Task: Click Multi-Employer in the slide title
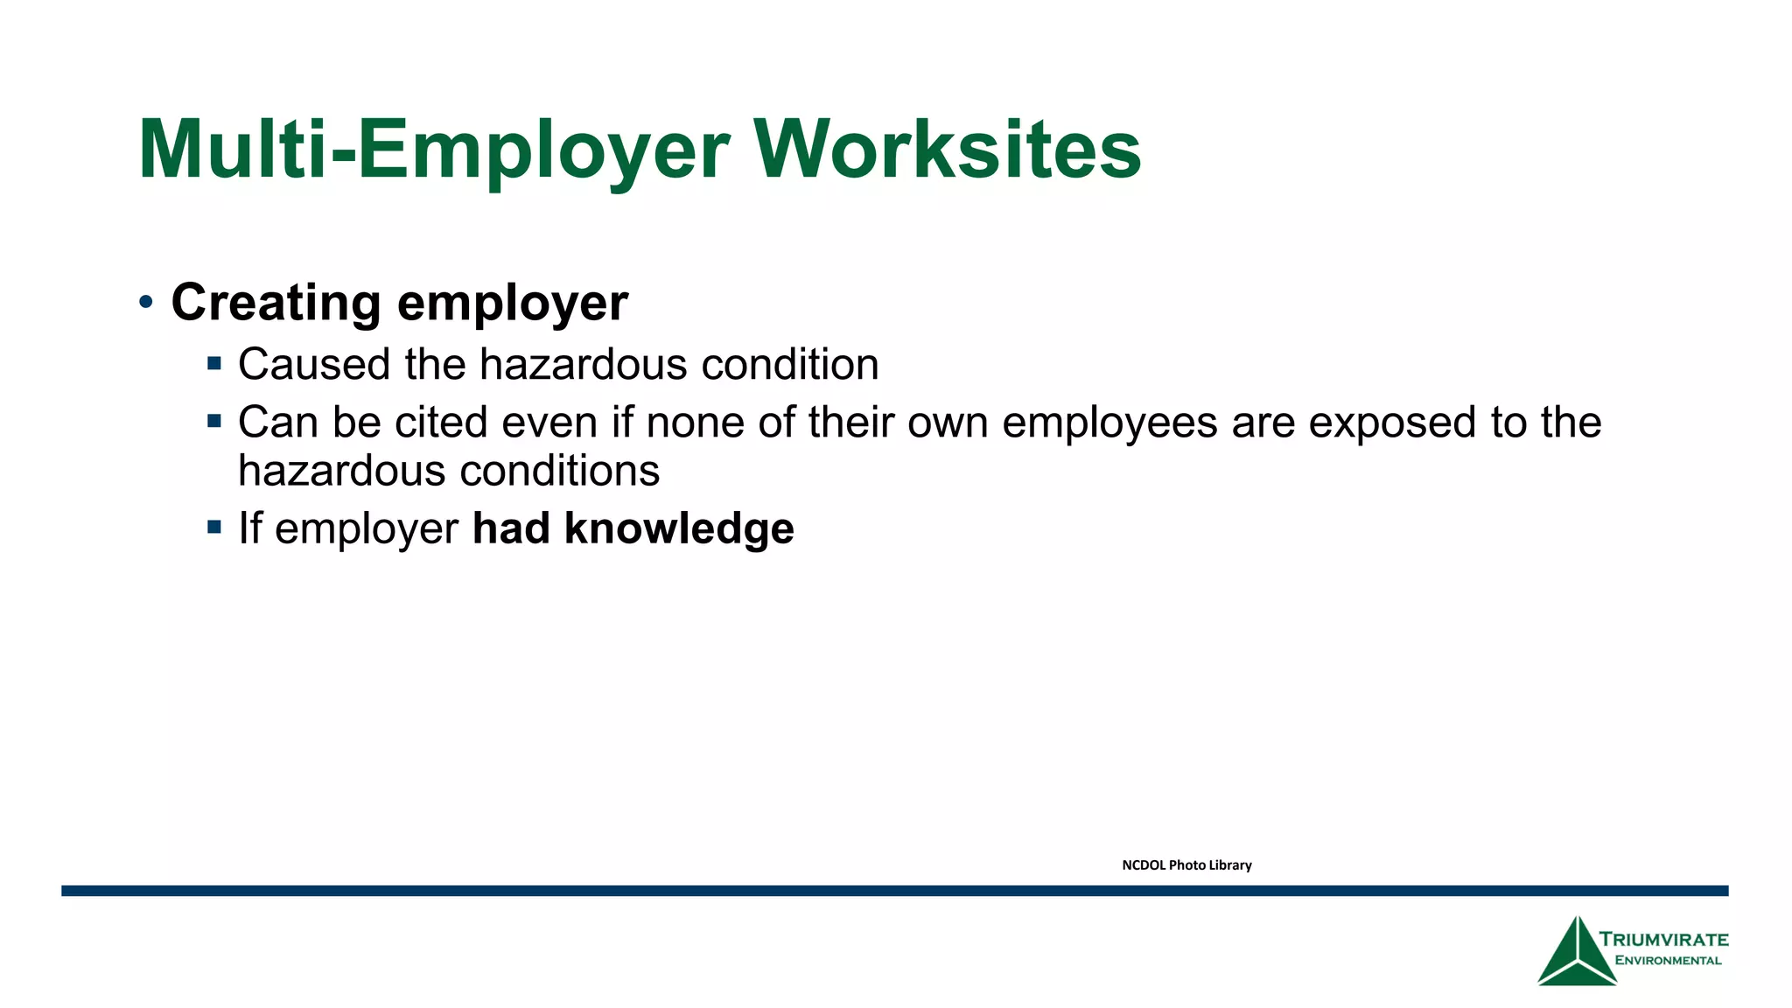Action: [433, 150]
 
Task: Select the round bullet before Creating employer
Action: [146, 303]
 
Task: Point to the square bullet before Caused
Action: [214, 362]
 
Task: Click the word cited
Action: [441, 423]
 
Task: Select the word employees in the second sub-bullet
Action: [1109, 423]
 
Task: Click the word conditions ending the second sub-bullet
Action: [559, 472]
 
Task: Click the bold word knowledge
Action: [679, 528]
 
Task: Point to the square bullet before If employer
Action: [214, 527]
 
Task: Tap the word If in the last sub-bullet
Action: [249, 528]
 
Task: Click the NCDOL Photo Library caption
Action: [1186, 865]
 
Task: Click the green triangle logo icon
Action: [1577, 954]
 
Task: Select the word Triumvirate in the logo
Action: [1664, 940]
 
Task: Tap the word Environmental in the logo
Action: [1668, 961]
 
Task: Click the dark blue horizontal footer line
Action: [894, 891]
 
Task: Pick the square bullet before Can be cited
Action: [214, 421]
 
